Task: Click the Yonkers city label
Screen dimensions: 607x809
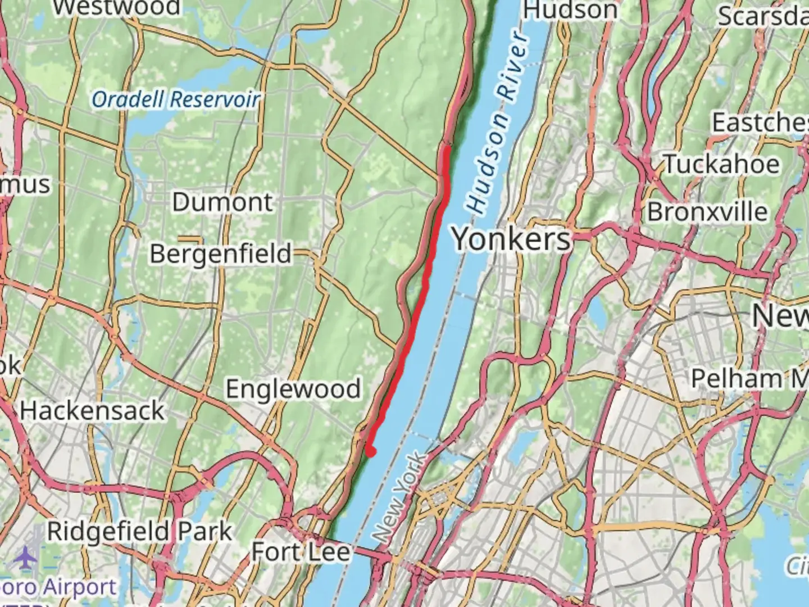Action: (511, 239)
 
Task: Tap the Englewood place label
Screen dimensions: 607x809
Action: (293, 389)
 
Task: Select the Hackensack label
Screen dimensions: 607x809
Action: (92, 411)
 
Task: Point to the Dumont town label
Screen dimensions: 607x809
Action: (222, 202)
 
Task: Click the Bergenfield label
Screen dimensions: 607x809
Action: (220, 254)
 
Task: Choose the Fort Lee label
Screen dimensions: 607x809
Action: (301, 552)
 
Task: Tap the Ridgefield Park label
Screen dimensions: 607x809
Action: (139, 531)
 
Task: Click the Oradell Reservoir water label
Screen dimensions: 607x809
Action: (176, 99)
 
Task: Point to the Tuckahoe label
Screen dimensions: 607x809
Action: (722, 165)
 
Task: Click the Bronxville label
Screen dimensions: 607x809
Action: (707, 212)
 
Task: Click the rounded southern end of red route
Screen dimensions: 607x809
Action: (371, 451)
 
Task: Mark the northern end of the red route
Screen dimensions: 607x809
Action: (446, 148)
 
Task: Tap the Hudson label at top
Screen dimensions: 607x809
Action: (570, 10)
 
